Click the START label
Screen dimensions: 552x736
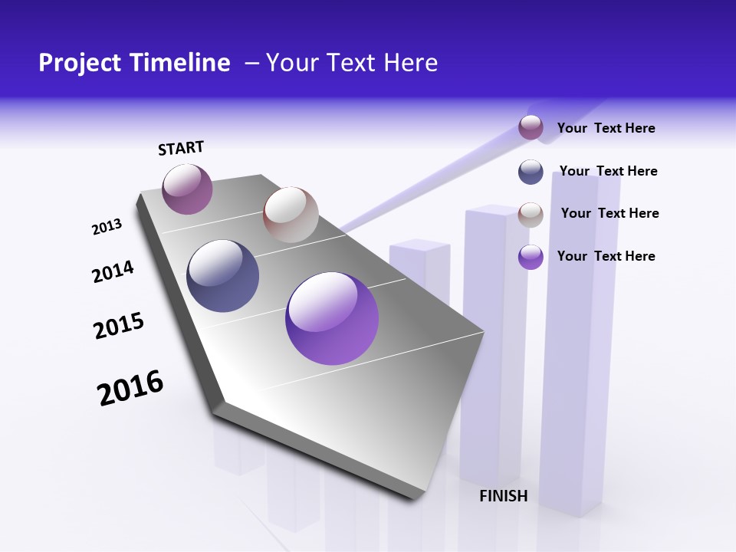click(x=181, y=148)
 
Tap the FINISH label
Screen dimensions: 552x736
click(x=504, y=496)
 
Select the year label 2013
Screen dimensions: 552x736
click(x=107, y=227)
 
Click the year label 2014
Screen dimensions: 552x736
click(x=113, y=271)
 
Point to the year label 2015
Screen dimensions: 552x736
click(x=119, y=326)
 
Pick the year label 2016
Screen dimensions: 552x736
click(x=130, y=388)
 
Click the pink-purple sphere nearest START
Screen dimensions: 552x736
click(x=187, y=189)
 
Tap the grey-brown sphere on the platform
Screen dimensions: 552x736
click(x=291, y=215)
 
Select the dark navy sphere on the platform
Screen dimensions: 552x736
click(x=222, y=276)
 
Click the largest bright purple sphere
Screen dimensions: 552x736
click(x=332, y=318)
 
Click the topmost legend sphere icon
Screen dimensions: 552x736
click(x=531, y=127)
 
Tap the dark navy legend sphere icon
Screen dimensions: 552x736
click(x=531, y=172)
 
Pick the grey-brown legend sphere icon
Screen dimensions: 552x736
click(x=531, y=214)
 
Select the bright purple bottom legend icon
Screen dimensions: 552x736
click(x=531, y=256)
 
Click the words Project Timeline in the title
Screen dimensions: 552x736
click(x=134, y=63)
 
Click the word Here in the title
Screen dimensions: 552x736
click(x=410, y=63)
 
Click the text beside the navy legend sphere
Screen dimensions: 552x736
click(x=608, y=171)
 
